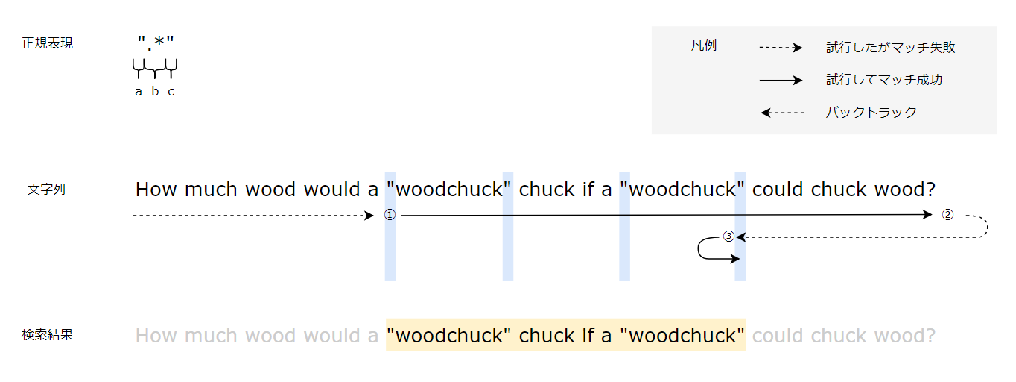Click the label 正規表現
pos(48,43)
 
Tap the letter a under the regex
pos(139,92)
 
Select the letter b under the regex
pos(155,92)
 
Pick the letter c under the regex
pos(171,92)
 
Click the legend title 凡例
pos(703,46)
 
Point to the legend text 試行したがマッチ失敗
pos(890,48)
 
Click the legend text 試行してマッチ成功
pos(884,80)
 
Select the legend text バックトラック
pos(871,113)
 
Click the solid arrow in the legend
pos(780,80)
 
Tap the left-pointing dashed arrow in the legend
pos(782,113)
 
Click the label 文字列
pos(47,189)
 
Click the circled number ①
pos(390,215)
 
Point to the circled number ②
pos(947,215)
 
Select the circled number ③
pos(729,237)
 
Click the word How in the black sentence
pos(156,190)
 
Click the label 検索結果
pos(48,335)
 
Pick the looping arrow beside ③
pos(708,249)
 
